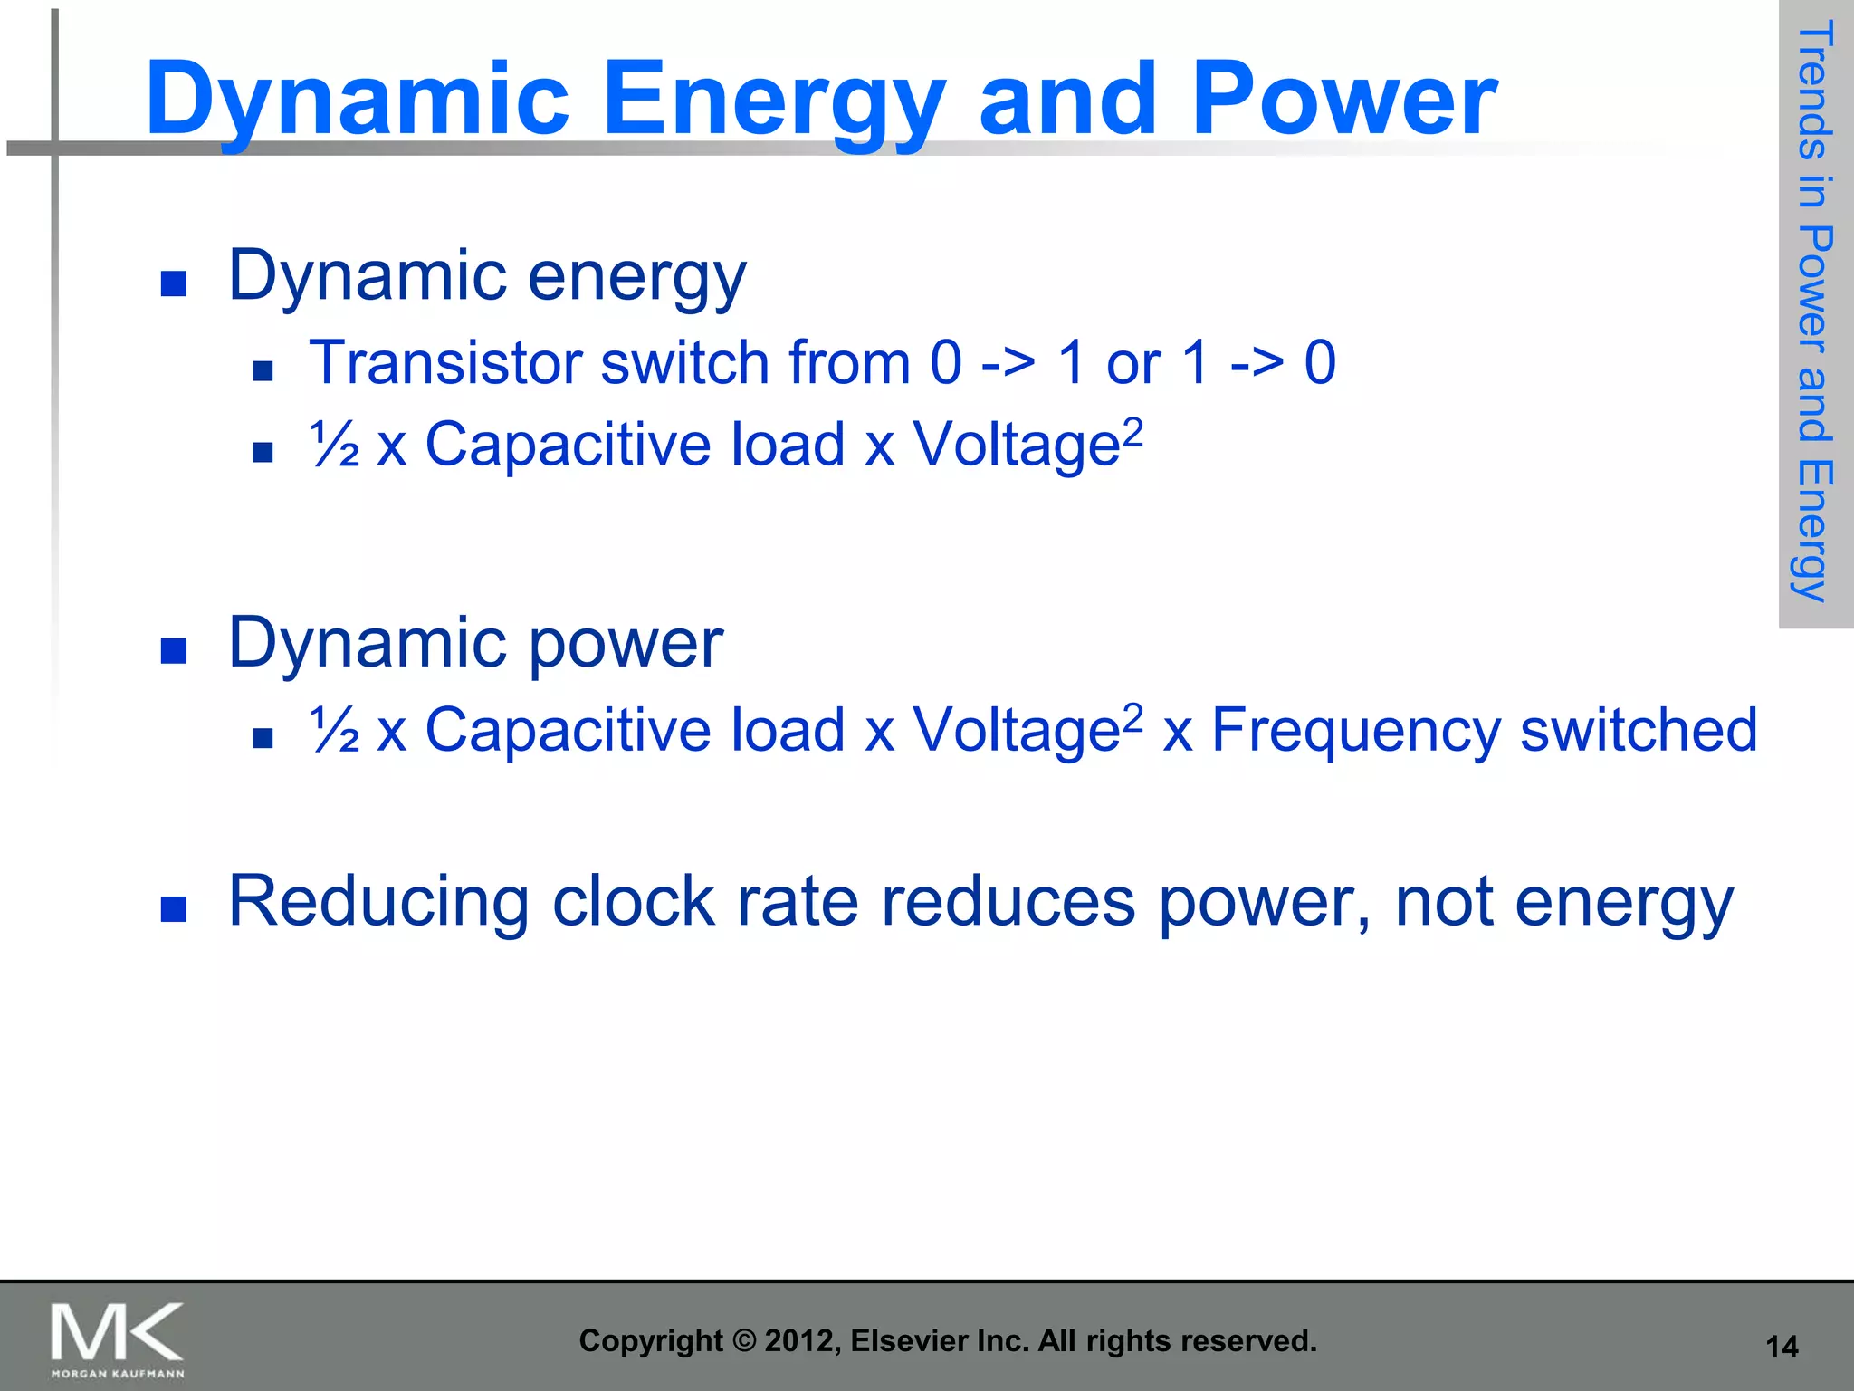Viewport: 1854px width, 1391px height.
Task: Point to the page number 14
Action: tap(1782, 1347)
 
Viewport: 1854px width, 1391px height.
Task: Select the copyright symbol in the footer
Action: tap(743, 1340)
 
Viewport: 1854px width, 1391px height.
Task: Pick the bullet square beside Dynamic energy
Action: tap(173, 283)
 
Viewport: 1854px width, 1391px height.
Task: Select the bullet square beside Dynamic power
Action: tap(173, 650)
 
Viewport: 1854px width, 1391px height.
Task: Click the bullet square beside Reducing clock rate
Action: tap(173, 908)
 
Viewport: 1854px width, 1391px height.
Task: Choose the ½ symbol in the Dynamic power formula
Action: tap(334, 730)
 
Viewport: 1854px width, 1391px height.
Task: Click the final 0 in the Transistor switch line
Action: tap(1320, 362)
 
